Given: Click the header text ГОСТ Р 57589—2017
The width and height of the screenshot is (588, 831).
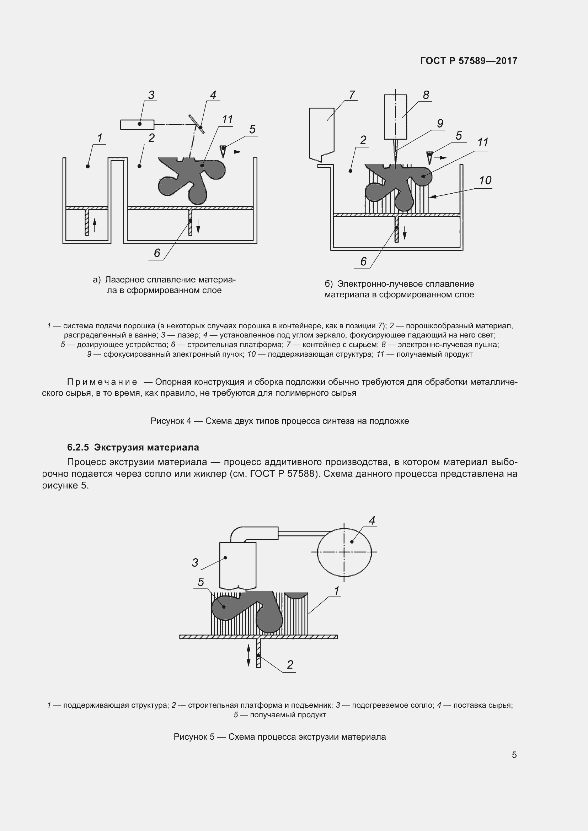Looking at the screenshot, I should [469, 61].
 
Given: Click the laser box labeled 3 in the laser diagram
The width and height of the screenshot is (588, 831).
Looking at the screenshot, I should [137, 124].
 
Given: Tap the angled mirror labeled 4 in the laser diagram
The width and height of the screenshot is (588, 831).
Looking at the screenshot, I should [196, 124].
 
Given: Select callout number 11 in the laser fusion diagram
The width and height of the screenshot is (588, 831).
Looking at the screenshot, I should [227, 119].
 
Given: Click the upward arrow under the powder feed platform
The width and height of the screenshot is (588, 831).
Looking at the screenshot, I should [95, 225].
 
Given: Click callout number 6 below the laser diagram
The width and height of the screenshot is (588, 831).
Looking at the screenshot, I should [157, 253].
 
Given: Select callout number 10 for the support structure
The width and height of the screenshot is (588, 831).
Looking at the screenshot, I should [485, 180].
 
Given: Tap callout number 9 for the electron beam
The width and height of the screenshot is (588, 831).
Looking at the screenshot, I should [440, 124].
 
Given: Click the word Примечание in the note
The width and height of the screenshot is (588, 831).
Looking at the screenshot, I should [102, 382].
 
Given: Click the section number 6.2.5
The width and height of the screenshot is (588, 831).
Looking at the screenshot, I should [78, 447].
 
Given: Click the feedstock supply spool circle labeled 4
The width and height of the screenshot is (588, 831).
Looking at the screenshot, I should [344, 552].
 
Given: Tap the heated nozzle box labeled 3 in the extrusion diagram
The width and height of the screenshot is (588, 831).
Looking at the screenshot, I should [237, 565].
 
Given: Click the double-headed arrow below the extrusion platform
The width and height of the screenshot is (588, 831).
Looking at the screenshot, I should [248, 655].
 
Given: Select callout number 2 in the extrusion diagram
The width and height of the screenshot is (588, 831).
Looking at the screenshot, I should [290, 664].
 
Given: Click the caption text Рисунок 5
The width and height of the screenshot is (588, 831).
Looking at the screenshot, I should [194, 737].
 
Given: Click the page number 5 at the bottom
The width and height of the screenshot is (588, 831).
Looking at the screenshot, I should [514, 762].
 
